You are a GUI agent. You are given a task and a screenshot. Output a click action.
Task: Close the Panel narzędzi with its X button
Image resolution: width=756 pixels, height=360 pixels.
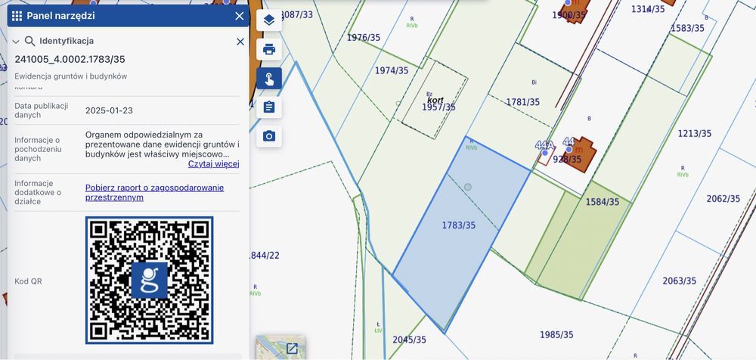240,16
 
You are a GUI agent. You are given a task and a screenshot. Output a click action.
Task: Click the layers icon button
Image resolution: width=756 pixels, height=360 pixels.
269,20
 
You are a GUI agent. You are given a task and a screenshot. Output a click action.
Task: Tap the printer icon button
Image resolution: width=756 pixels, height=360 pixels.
269,50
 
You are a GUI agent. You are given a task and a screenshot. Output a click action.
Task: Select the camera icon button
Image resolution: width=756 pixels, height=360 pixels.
269,136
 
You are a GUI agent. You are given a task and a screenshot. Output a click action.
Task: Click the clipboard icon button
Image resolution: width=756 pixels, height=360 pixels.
269,107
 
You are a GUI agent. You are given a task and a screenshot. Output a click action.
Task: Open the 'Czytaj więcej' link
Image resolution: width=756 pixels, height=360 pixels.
213,163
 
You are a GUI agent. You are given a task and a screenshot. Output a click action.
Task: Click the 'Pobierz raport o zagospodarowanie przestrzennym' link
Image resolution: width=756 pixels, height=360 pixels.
154,192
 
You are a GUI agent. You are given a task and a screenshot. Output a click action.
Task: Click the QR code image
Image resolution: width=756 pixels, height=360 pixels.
149,280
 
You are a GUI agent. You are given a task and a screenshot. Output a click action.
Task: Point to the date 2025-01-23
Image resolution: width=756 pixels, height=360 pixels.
109,110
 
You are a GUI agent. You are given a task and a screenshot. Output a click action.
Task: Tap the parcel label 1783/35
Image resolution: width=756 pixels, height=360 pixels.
459,225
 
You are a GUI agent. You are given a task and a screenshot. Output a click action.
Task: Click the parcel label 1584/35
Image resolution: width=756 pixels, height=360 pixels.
603,202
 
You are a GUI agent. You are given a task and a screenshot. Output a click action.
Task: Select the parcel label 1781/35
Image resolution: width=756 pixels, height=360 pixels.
523,102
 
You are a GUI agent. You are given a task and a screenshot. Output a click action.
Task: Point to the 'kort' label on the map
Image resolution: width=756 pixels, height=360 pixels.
435,99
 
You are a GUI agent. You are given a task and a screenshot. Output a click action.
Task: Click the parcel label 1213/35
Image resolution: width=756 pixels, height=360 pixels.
694,134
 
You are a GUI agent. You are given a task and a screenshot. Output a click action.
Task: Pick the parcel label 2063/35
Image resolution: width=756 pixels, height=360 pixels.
679,281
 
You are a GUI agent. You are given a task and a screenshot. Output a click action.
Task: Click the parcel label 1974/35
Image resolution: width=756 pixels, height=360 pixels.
392,70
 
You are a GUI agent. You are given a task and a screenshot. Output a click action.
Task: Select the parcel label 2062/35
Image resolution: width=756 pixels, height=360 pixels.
723,199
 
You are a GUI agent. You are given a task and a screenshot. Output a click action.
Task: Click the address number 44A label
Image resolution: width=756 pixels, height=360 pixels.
544,144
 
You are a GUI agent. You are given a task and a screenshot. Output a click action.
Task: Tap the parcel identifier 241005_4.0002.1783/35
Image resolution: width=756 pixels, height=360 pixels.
70,59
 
